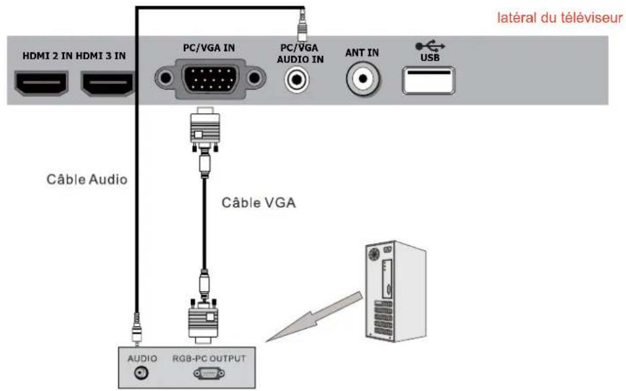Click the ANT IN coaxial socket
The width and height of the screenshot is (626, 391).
click(x=362, y=79)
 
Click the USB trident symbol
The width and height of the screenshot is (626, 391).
click(x=430, y=46)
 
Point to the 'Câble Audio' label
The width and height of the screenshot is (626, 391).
click(x=86, y=178)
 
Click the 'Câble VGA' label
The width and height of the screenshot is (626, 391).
click(x=258, y=203)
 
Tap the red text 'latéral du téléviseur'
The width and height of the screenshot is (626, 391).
click(x=559, y=18)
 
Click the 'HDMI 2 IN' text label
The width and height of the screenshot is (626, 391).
click(x=48, y=56)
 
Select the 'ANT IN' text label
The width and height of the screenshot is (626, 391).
click(x=362, y=53)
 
